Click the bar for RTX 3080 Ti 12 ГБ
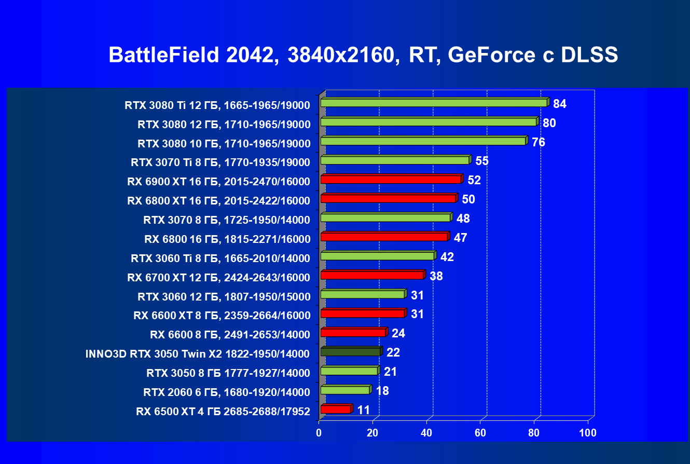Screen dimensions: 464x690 tap(434, 103)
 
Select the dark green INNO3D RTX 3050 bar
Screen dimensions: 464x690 tap(351, 352)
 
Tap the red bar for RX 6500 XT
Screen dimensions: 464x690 tap(336, 410)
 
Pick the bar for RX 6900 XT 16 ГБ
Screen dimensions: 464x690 tap(391, 180)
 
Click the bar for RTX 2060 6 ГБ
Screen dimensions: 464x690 tap(345, 390)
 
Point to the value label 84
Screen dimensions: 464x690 tap(559, 104)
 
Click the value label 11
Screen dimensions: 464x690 tap(363, 410)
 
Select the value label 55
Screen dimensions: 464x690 tap(482, 161)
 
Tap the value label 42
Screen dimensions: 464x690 tap(447, 257)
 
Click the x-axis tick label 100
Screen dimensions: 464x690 tap(588, 433)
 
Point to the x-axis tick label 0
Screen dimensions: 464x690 tap(319, 433)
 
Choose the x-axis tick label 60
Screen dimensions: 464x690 tap(480, 433)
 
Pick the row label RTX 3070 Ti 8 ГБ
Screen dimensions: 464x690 tap(220, 162)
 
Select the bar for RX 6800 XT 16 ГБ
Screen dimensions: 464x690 tap(388, 199)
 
